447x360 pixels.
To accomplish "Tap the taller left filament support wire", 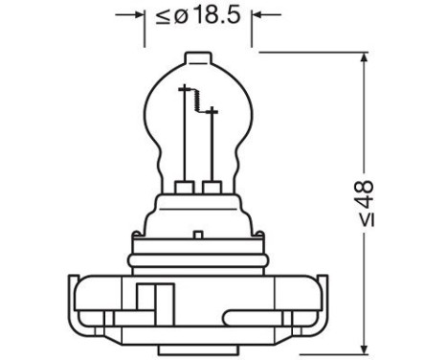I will (183, 134).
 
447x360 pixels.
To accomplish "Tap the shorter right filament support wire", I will (212, 144).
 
